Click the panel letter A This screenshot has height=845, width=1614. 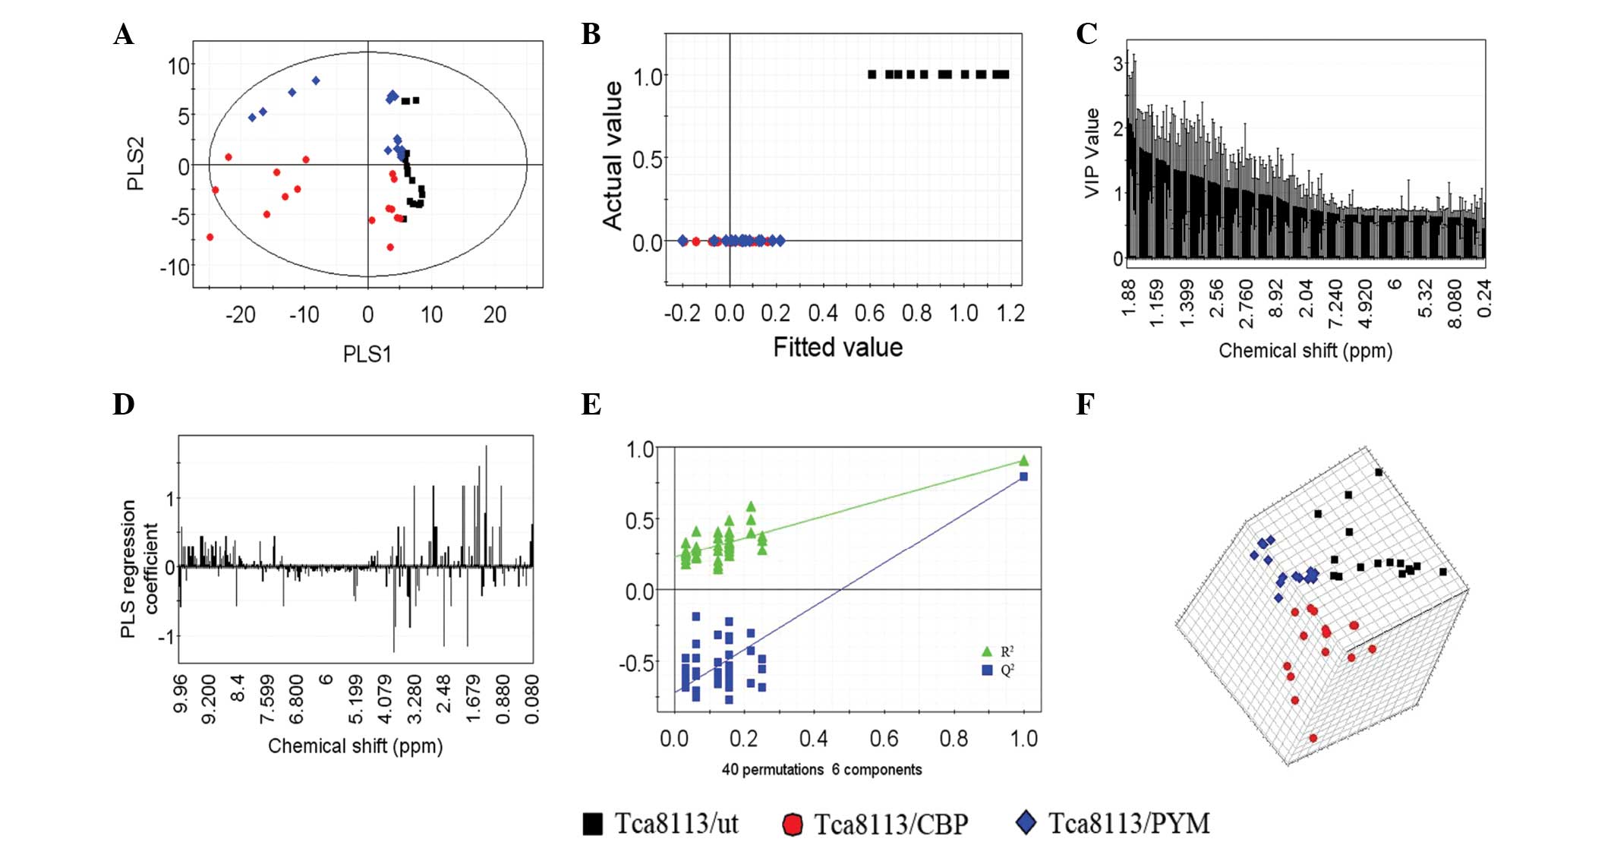pos(124,35)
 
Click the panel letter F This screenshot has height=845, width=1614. pos(1085,405)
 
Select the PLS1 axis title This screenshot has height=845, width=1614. pos(367,354)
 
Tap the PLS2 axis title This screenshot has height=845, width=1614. pos(135,164)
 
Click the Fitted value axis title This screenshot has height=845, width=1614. pos(837,347)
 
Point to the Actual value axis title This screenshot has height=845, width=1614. pos(613,156)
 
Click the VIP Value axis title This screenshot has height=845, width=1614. pos(1092,153)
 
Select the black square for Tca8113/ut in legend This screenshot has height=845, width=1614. pos(592,824)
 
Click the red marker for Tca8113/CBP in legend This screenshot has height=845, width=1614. pos(793,825)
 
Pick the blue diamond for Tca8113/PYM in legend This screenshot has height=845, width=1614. pos(1026,822)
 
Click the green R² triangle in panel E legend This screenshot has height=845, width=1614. pos(987,651)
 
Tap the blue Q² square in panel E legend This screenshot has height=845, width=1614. pos(987,670)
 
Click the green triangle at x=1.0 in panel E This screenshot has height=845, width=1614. pos(1023,460)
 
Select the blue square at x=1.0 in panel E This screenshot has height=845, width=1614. pos(1023,477)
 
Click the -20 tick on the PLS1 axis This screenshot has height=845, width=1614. pos(240,314)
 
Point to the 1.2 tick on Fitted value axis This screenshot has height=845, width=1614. pos(1010,314)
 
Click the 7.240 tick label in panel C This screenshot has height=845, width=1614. pos(1335,304)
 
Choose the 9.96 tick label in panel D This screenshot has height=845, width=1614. pos(180,694)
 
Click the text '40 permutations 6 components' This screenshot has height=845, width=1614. pos(821,770)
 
